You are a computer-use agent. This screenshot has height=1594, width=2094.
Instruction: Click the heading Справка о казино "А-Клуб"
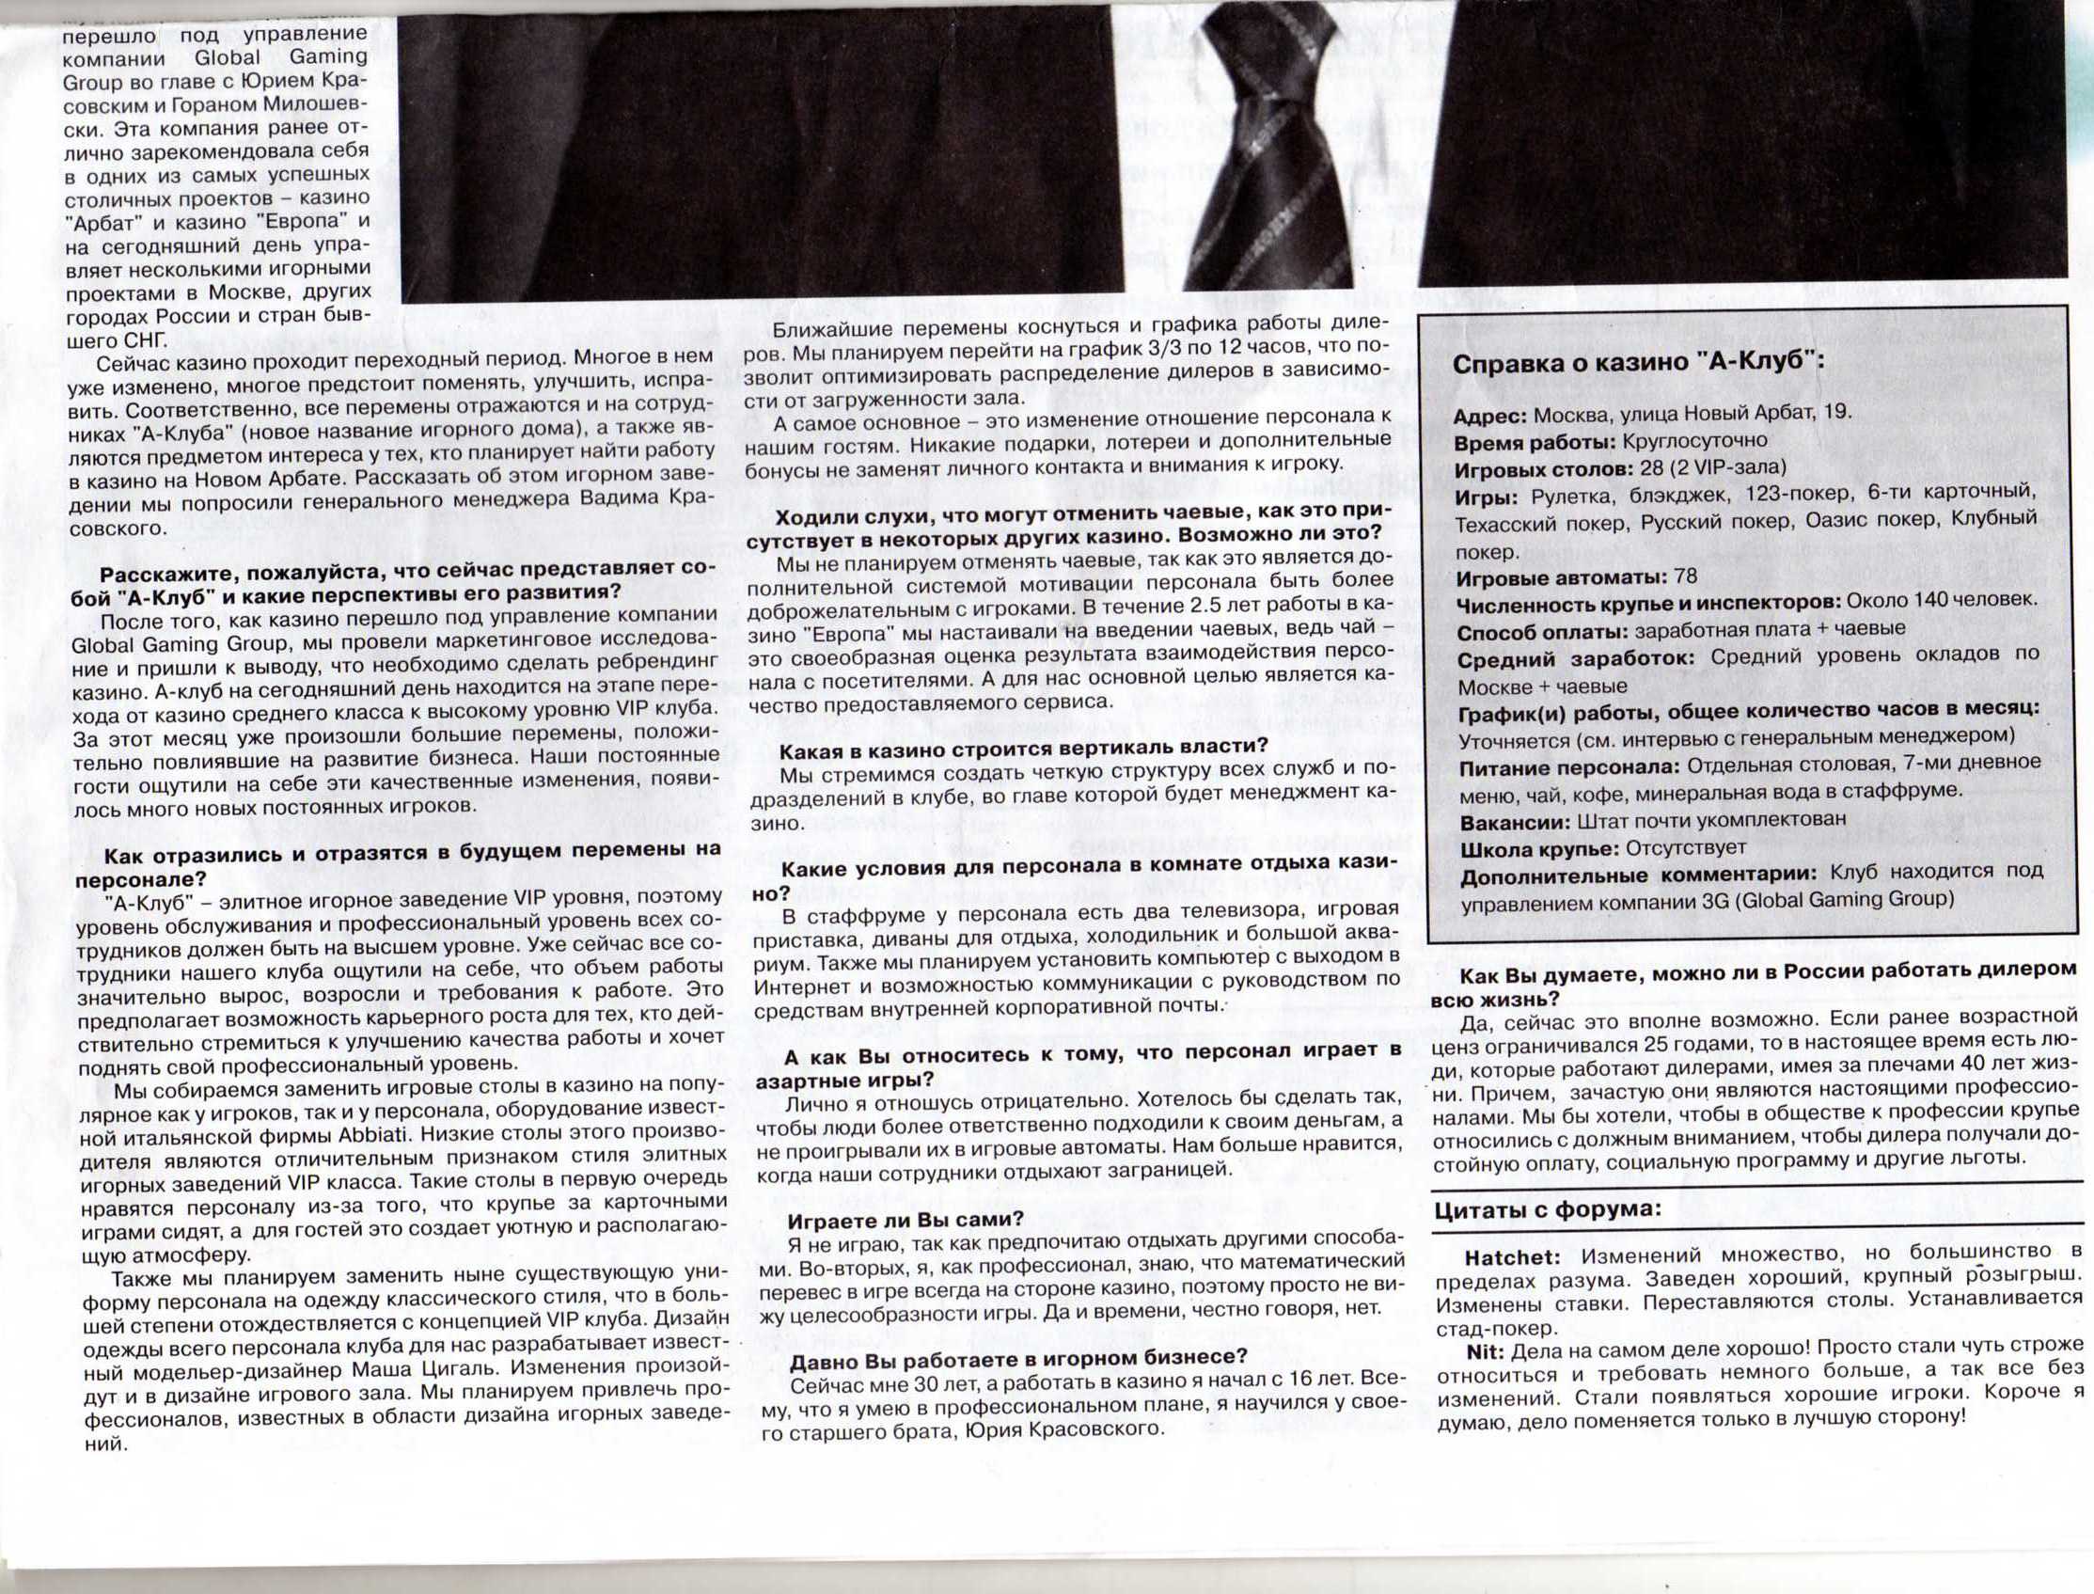pyautogui.click(x=1638, y=364)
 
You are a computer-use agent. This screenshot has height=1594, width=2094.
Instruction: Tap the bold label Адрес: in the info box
pyautogui.click(x=1490, y=415)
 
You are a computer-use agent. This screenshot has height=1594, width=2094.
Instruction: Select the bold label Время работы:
pyautogui.click(x=1534, y=441)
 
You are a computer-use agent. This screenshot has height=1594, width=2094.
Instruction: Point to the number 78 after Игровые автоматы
pyautogui.click(x=1686, y=576)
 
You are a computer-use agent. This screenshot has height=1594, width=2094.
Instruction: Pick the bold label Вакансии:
pyautogui.click(x=1514, y=820)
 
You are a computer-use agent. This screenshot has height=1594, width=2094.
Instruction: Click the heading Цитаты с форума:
pyautogui.click(x=1548, y=1209)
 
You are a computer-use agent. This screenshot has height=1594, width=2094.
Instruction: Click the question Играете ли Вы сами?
pyautogui.click(x=905, y=1219)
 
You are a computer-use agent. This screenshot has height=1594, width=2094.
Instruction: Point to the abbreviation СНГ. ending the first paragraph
pyautogui.click(x=145, y=339)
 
